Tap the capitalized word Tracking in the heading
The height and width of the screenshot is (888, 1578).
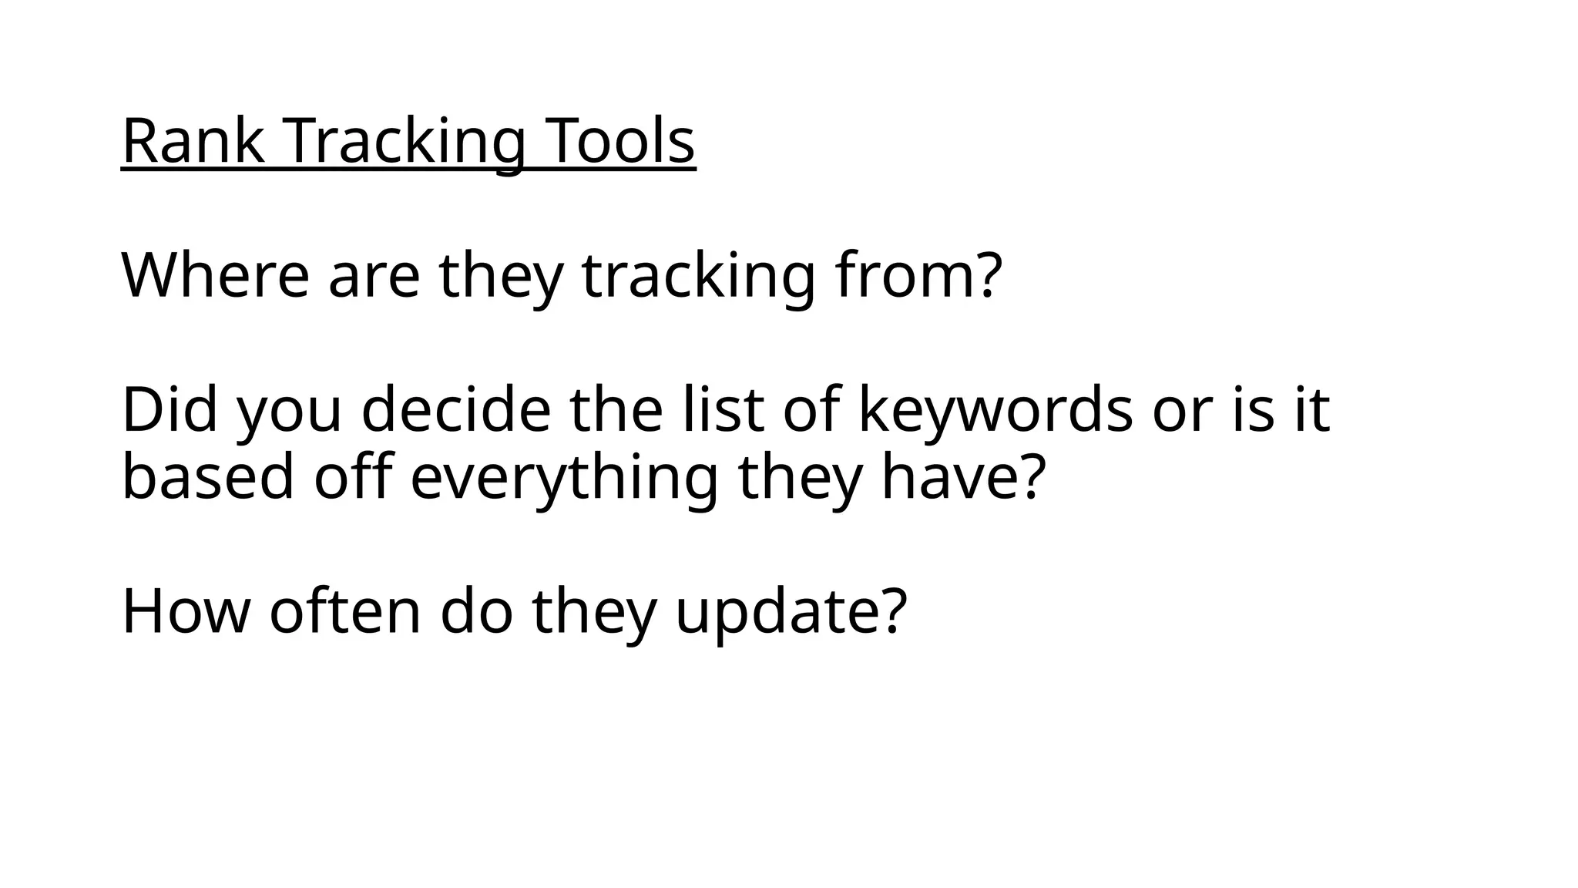click(407, 141)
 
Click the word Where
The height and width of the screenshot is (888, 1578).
click(215, 275)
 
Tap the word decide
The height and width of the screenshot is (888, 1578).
click(455, 410)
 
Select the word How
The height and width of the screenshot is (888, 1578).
click(186, 611)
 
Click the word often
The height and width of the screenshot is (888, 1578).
click(345, 611)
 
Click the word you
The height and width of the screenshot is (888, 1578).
click(289, 410)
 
